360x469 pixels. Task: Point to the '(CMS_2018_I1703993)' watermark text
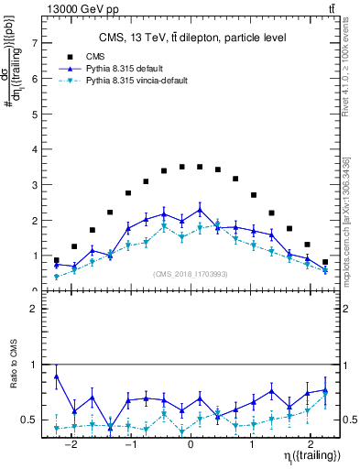pos(191,274)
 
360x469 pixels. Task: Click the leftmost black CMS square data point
pos(56,260)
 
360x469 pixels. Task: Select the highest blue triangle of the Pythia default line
pos(199,210)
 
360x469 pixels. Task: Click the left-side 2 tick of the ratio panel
pos(35,310)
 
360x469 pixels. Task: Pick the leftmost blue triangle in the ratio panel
pos(56,376)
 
